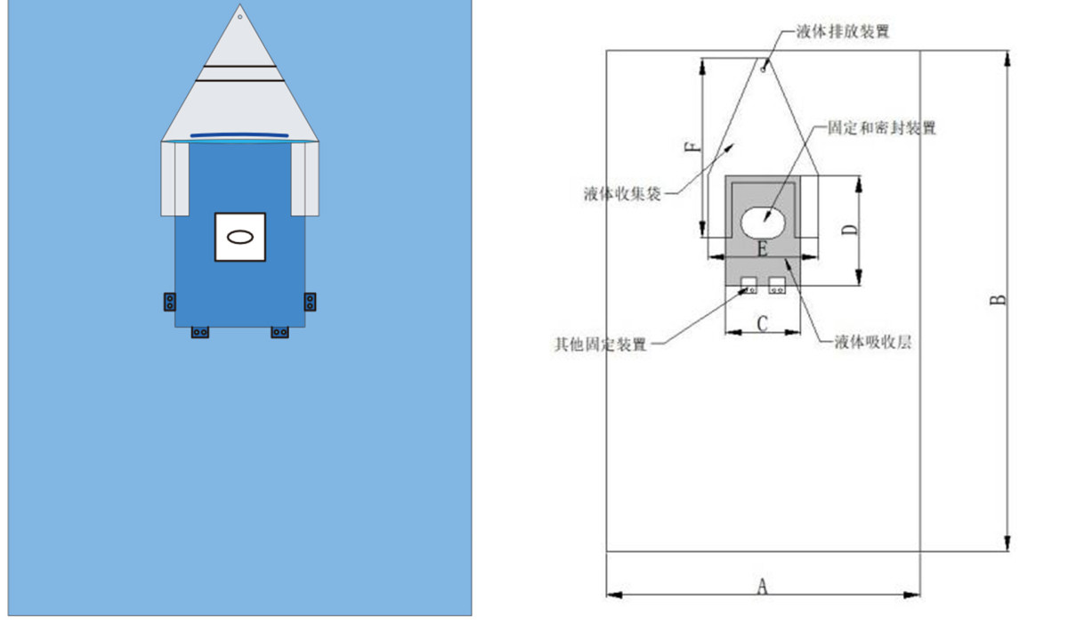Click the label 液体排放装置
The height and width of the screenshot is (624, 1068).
click(x=843, y=31)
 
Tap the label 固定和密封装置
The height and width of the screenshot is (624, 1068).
click(x=882, y=128)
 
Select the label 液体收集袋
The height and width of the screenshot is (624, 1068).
click(x=622, y=193)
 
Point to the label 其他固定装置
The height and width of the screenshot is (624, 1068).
click(x=600, y=344)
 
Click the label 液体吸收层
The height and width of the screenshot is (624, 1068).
click(x=872, y=342)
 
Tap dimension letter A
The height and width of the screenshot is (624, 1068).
click(x=763, y=586)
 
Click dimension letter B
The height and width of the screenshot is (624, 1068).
click(x=998, y=300)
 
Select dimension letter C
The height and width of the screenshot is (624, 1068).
click(x=763, y=324)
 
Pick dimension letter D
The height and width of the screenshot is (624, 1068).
click(x=849, y=230)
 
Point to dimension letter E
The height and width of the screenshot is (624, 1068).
click(x=763, y=249)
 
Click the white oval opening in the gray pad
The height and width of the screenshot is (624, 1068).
click(x=763, y=223)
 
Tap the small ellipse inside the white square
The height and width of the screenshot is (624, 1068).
click(x=239, y=237)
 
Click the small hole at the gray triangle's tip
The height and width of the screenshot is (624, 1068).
click(x=239, y=17)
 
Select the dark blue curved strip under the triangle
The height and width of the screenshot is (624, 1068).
click(x=239, y=135)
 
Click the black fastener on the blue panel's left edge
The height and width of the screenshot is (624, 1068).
click(x=170, y=302)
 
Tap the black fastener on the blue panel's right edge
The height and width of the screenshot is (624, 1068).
click(x=310, y=302)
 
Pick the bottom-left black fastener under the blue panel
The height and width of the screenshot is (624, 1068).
click(x=199, y=332)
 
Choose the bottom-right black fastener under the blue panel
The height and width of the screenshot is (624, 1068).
click(x=279, y=332)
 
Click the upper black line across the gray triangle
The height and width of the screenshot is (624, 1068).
click(x=239, y=66)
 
